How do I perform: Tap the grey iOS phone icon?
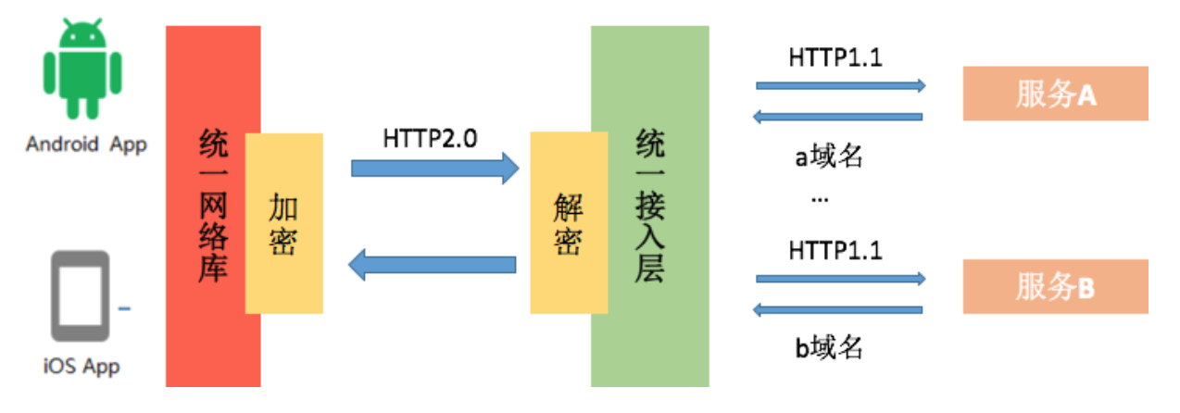(81, 296)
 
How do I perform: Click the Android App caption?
(86, 144)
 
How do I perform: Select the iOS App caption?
(82, 366)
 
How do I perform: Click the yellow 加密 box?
(283, 223)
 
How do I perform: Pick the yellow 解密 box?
(568, 223)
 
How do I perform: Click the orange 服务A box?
(1055, 94)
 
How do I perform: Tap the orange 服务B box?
(1055, 286)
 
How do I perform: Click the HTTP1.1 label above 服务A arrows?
(835, 56)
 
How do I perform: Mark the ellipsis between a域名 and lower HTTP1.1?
(820, 199)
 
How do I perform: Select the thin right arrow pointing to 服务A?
(841, 86)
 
